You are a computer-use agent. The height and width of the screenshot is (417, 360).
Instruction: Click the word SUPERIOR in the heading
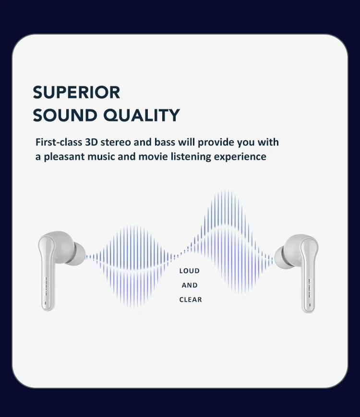(x=76, y=92)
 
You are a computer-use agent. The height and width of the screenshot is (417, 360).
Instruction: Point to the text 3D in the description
(x=91, y=143)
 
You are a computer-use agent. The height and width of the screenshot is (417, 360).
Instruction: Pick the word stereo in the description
(x=115, y=143)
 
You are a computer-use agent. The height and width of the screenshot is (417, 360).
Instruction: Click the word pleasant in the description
(x=66, y=157)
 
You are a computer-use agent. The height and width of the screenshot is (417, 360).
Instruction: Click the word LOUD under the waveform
(x=190, y=271)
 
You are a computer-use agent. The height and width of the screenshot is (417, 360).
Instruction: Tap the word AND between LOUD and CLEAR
(x=190, y=286)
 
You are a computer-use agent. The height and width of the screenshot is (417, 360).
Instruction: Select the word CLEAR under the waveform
(x=191, y=300)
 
